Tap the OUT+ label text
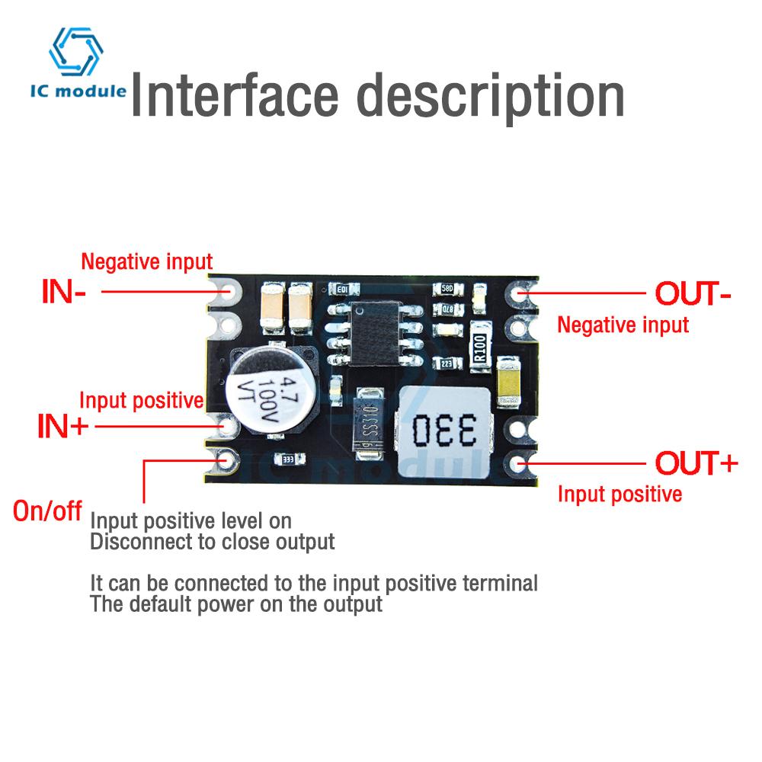pyautogui.click(x=696, y=463)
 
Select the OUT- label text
pyautogui.click(x=693, y=293)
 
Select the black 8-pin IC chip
pyautogui.click(x=375, y=333)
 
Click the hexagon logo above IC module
pyautogui.click(x=75, y=51)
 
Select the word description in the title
pyautogui.click(x=491, y=97)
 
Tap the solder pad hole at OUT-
pyautogui.click(x=518, y=293)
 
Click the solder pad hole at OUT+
pyautogui.click(x=520, y=463)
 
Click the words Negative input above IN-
pyautogui.click(x=146, y=263)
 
